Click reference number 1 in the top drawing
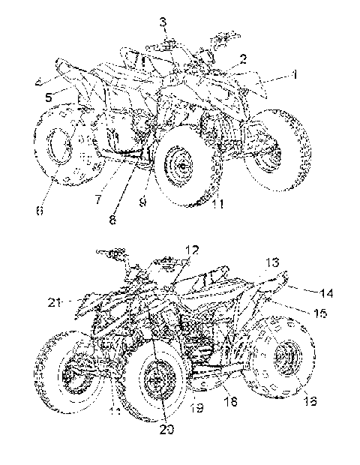(295, 74)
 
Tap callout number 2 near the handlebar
(243, 58)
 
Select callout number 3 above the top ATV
(163, 20)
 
